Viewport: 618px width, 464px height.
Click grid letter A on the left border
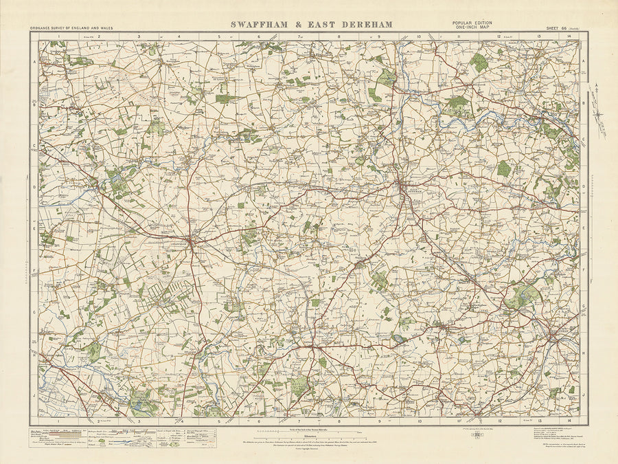(34, 60)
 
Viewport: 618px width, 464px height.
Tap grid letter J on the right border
(583, 395)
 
